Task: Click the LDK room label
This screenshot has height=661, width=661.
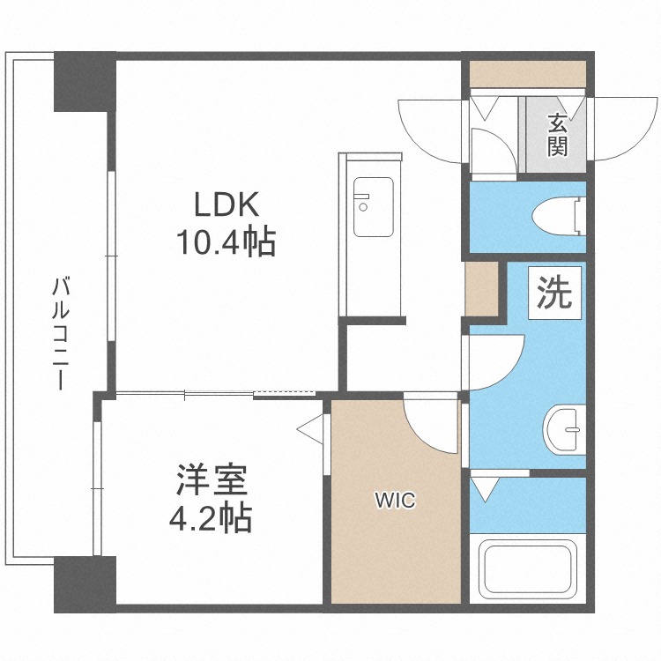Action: (226, 204)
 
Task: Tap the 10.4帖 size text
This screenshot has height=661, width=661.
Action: (226, 242)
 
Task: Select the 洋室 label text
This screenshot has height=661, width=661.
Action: (212, 479)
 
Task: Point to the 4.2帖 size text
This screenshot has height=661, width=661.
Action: (211, 516)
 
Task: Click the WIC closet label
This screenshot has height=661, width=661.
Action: (395, 501)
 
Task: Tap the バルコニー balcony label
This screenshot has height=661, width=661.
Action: (60, 332)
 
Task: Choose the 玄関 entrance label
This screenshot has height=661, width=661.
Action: (557, 134)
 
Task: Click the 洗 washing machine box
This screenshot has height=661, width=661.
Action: (554, 293)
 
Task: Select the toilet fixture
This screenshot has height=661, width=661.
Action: (559, 217)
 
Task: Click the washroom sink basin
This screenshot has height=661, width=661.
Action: (564, 429)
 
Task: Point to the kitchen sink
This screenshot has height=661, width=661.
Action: (374, 207)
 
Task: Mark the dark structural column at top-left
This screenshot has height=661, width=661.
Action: (85, 81)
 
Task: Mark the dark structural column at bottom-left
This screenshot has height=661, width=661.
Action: (85, 584)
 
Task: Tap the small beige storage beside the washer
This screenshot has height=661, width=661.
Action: (482, 288)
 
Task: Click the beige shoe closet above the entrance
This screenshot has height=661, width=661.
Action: (528, 74)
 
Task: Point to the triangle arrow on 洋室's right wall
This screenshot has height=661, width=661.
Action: (310, 429)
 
